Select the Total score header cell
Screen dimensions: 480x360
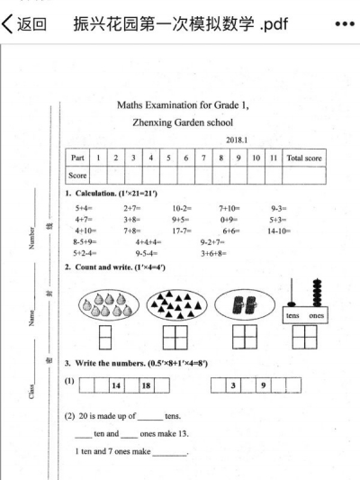pos(306,158)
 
